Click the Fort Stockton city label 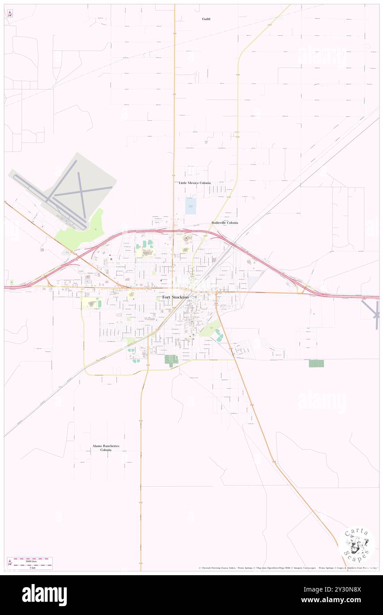pyautogui.click(x=175, y=297)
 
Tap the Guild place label pyautogui.click(x=206, y=19)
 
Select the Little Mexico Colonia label pyautogui.click(x=195, y=183)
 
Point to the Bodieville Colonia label pyautogui.click(x=225, y=223)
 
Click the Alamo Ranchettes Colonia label pyautogui.click(x=106, y=448)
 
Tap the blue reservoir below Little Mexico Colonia pyautogui.click(x=190, y=206)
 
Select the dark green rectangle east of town pyautogui.click(x=316, y=363)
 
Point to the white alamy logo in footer pyautogui.click(x=44, y=595)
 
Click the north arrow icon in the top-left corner pyautogui.click(x=10, y=14)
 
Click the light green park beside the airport pyautogui.click(x=84, y=228)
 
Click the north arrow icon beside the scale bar pyautogui.click(x=10, y=563)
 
